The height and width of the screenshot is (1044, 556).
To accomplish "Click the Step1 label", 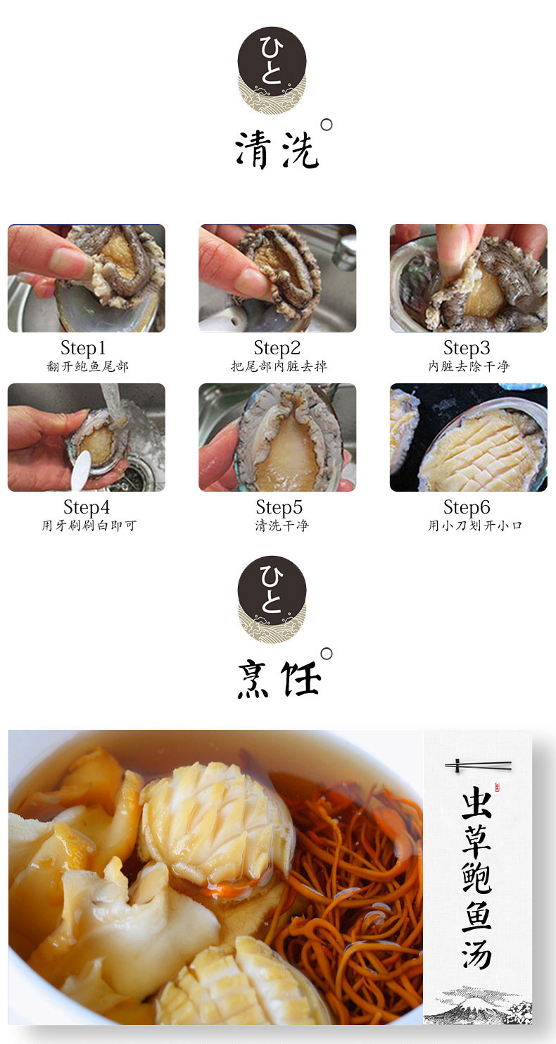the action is point(83,348).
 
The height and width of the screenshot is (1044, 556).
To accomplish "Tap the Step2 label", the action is point(277,348).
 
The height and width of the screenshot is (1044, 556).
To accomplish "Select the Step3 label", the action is point(467,348).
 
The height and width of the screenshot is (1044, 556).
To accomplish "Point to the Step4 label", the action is point(87,507).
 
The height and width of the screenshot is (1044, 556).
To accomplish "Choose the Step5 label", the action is point(279,507).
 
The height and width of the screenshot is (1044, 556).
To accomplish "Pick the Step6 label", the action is point(467,507).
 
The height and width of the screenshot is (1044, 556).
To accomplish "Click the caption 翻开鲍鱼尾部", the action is point(87,367).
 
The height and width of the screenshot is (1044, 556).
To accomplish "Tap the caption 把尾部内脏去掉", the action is point(279,367).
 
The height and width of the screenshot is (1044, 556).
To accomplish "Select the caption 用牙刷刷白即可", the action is point(89,526).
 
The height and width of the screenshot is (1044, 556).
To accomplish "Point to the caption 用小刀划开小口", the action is point(475,526).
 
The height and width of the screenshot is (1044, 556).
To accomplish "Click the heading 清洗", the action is point(277,150).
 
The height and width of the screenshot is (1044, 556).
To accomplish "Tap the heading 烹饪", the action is point(279,680).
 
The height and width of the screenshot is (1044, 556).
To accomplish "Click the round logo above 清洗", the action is point(272,70).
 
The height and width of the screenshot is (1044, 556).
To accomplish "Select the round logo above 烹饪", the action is point(272,599).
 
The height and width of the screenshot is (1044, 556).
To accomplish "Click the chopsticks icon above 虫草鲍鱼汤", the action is point(478,765).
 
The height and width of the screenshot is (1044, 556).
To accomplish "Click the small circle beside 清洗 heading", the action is point(327,125).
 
